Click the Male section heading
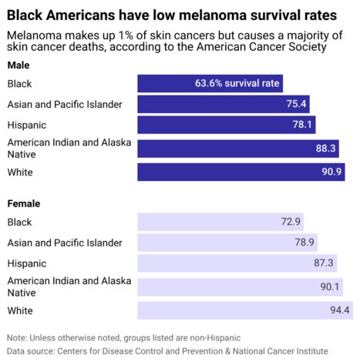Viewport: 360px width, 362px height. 19,65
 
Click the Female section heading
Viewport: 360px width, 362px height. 24,203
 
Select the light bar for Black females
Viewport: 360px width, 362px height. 220,222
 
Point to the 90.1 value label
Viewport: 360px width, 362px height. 330,287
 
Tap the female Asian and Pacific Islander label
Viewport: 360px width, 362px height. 65,243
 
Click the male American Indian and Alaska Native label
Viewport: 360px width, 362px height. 69,149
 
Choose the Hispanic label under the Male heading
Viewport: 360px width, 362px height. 26,125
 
